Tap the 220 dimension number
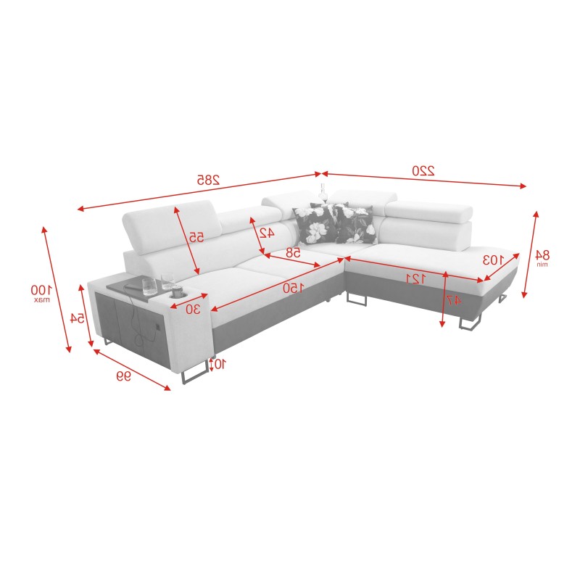point(423,171)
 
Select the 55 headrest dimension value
point(196,237)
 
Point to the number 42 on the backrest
point(267,233)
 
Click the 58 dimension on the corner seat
point(293,253)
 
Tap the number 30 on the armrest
point(193,309)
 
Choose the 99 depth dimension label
point(124,376)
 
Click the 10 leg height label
point(219,364)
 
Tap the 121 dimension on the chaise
point(414,279)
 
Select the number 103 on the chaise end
point(492,259)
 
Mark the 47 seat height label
point(452,299)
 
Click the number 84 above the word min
point(541,254)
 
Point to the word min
point(541,265)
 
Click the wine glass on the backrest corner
point(322,194)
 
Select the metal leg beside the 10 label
point(192,374)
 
